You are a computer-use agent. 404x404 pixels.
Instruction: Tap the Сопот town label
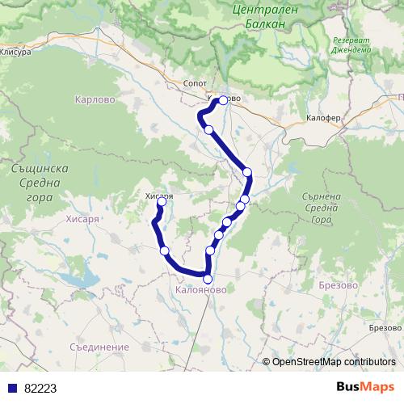click(x=196, y=83)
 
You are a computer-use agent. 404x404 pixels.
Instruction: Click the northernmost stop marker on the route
click(x=223, y=101)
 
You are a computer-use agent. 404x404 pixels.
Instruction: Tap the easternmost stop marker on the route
click(x=247, y=172)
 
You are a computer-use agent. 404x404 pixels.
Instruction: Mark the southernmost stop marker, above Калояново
click(x=208, y=279)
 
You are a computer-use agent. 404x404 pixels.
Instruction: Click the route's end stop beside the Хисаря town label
click(x=160, y=203)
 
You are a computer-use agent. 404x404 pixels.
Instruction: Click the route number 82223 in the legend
click(x=40, y=389)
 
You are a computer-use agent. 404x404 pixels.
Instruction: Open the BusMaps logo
click(x=364, y=387)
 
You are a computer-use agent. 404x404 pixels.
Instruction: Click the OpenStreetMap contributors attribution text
click(x=334, y=362)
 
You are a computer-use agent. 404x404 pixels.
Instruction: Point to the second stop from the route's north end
click(x=208, y=129)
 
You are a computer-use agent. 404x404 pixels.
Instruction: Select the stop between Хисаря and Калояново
click(x=165, y=251)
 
